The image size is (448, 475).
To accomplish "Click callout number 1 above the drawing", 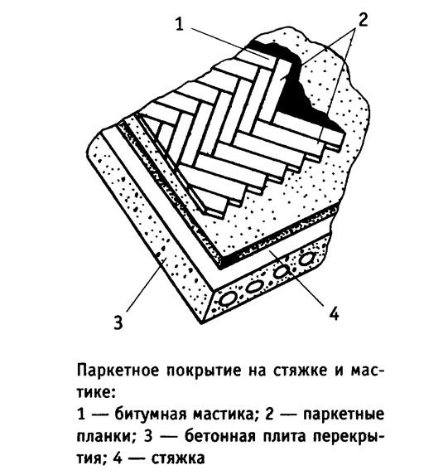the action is coord(180,24).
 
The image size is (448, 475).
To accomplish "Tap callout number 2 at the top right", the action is coord(363,20).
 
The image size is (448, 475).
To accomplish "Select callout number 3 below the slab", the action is coord(118,322).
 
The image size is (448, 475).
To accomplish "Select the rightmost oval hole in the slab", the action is coord(306,259).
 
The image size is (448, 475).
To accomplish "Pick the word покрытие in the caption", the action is coord(204,371).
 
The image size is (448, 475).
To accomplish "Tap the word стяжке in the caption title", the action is coord(301,371).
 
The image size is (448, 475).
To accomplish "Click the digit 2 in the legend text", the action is coord(269,414).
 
